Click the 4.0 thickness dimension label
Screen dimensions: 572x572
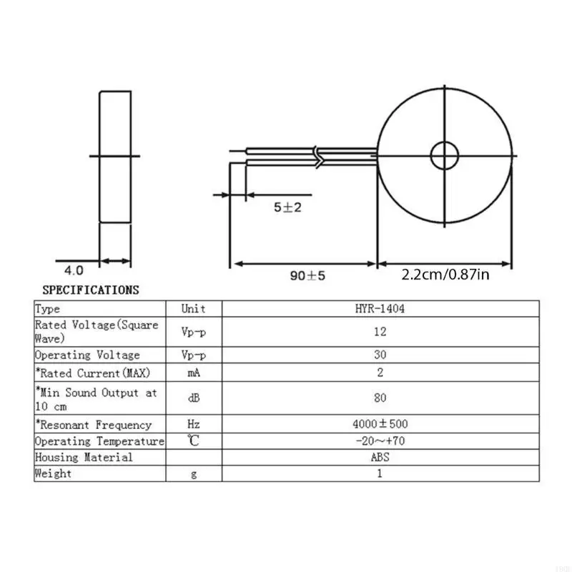tap(74, 270)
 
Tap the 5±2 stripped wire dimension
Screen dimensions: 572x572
tap(289, 207)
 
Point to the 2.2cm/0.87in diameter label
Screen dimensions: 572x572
tap(445, 275)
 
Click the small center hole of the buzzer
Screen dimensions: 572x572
tap(444, 155)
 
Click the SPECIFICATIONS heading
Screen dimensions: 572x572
tap(91, 290)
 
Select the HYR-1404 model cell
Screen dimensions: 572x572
tap(380, 309)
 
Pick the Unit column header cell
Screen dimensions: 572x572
tap(193, 309)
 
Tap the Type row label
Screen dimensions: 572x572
tap(48, 309)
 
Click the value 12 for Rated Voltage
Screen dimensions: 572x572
tap(380, 332)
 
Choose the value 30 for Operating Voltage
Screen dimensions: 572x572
tap(380, 355)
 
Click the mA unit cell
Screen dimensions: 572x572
tap(193, 373)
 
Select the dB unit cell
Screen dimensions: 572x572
tap(193, 398)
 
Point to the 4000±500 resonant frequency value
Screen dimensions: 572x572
tap(380, 425)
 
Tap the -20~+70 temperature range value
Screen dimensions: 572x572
tap(380, 441)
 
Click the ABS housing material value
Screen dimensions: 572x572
tap(380, 458)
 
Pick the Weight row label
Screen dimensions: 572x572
tap(54, 473)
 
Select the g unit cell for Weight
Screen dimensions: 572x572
tap(193, 473)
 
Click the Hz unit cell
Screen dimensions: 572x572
tap(193, 425)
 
